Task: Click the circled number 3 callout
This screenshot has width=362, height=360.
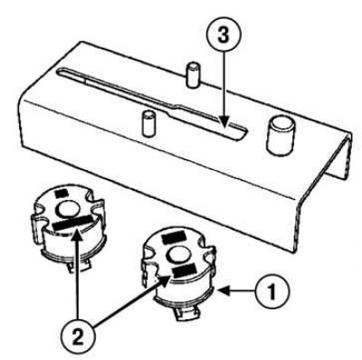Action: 224,36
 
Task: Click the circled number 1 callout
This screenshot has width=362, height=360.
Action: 271,291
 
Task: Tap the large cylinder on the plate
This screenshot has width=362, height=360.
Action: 281,137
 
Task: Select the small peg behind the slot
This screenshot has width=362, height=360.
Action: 193,75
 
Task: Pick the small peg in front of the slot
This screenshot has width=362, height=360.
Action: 148,124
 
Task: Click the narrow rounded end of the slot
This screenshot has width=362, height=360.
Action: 61,71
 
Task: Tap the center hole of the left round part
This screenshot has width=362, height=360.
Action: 70,209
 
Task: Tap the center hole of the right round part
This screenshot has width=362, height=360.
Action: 180,254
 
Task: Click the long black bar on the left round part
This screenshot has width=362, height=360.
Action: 71,223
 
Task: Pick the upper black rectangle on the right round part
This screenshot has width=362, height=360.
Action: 174,237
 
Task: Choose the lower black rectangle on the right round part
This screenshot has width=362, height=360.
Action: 185,270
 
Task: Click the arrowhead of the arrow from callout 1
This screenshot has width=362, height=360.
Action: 224,290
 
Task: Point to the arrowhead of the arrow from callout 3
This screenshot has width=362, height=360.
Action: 224,124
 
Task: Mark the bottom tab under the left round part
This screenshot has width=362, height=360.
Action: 79,265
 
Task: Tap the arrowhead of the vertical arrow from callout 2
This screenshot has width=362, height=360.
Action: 78,234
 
